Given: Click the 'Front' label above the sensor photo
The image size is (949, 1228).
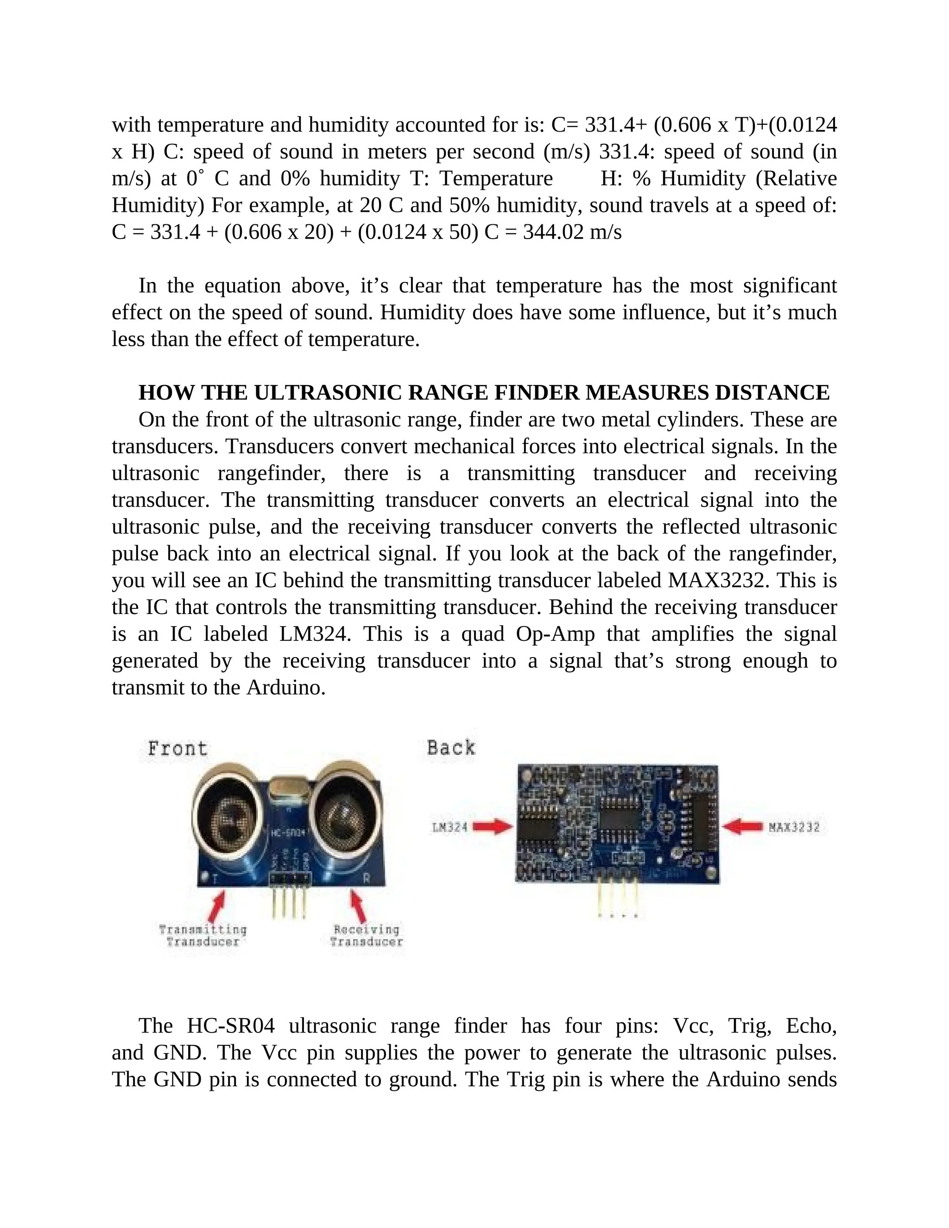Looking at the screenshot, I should tap(177, 748).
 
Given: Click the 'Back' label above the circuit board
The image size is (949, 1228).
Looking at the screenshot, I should tap(451, 747).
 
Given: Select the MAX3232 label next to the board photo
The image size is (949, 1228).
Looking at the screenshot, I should tap(794, 827).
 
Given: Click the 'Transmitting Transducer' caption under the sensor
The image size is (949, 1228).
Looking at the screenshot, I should tap(203, 936).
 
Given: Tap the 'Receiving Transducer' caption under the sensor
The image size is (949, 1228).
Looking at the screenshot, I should tap(367, 936).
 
